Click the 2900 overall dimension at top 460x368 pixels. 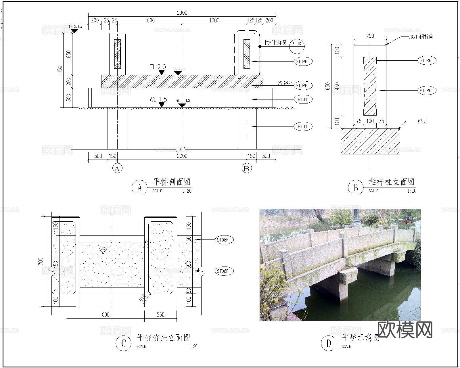tap(182, 13)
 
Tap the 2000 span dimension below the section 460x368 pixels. tap(182, 156)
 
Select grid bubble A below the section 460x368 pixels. tap(117, 168)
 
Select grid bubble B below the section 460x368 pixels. tap(246, 168)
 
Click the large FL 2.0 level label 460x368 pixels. tap(158, 67)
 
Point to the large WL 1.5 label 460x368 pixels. tap(158, 99)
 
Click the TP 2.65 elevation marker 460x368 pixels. tap(75, 26)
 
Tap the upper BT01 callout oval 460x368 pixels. tap(303, 99)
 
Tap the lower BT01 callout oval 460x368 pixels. tap(303, 126)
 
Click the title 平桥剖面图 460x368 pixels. tap(172, 182)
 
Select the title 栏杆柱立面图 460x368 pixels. tap(392, 182)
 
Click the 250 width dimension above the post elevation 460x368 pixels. tap(370, 36)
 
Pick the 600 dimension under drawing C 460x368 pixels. tap(106, 315)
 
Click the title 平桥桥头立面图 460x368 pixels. tap(163, 337)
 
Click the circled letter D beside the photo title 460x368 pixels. tap(328, 343)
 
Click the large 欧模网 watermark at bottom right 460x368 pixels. tap(405, 330)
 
